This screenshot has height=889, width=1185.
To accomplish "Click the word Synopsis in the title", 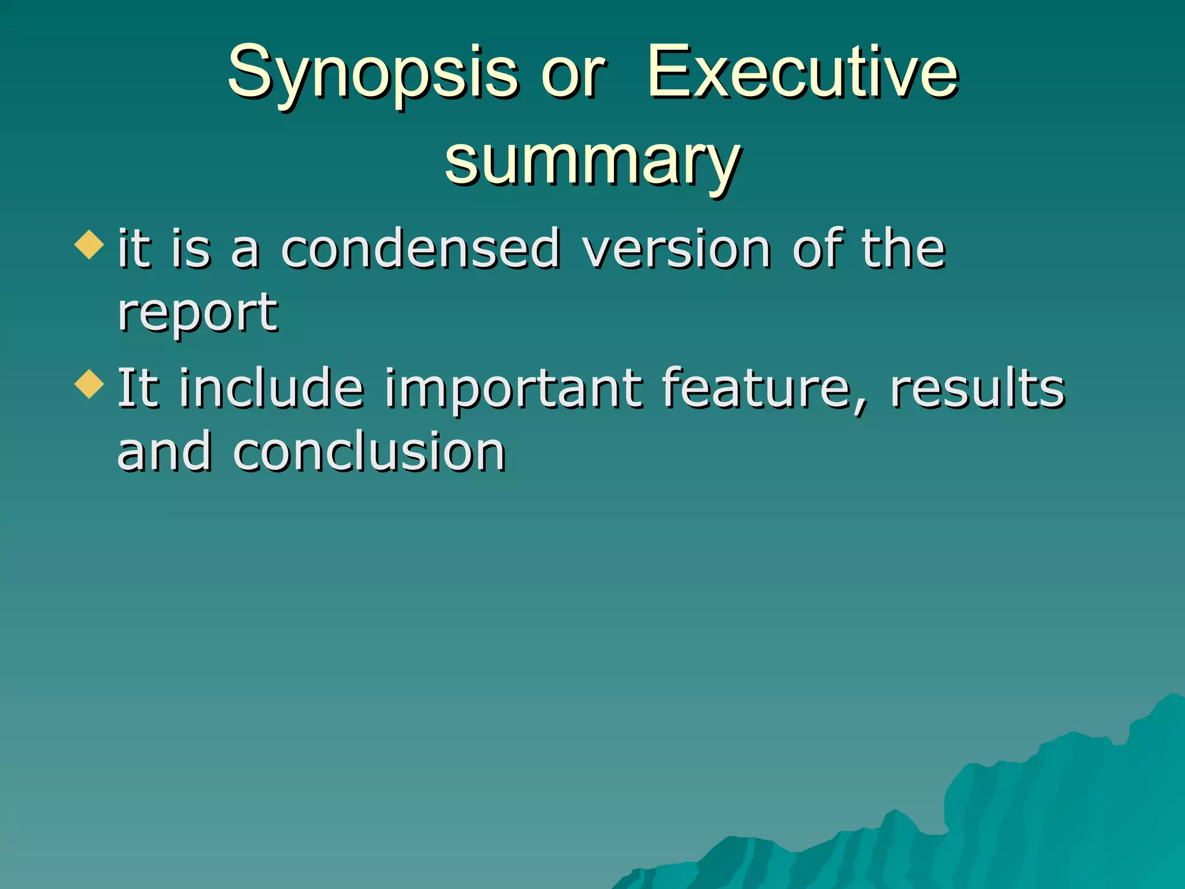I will (x=373, y=74).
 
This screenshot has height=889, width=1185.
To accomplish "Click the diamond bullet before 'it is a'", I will (x=90, y=244).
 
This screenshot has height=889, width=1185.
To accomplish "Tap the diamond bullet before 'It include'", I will (x=90, y=384).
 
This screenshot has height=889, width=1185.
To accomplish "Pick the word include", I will (x=271, y=388).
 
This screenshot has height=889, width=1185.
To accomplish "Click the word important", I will (x=513, y=390).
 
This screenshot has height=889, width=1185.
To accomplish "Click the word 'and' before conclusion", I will (x=164, y=452).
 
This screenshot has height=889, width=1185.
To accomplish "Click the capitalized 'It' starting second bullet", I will (x=138, y=388).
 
